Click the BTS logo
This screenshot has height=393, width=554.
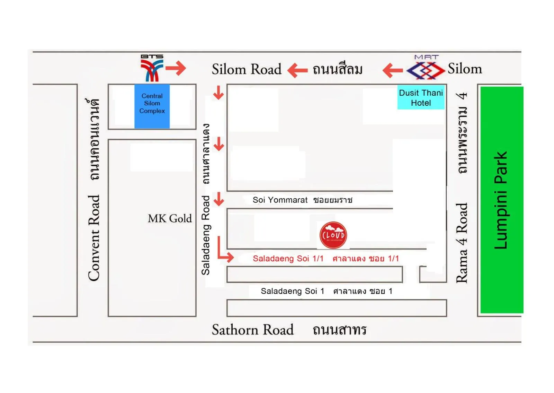pyautogui.click(x=151, y=69)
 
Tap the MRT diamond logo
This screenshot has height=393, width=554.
pyautogui.click(x=426, y=70)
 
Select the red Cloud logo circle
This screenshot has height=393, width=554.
pyautogui.click(x=333, y=235)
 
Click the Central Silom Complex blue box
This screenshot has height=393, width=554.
pyautogui.click(x=152, y=106)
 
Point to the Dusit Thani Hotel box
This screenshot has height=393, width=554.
pyautogui.click(x=421, y=97)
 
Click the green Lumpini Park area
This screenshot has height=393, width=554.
pyautogui.click(x=501, y=200)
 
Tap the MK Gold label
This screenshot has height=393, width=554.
pyautogui.click(x=170, y=219)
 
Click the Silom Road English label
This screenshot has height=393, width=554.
pyautogui.click(x=247, y=69)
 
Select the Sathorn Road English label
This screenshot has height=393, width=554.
pyautogui.click(x=252, y=330)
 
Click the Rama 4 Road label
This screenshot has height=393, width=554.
pyautogui.click(x=462, y=243)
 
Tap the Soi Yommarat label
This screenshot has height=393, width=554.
pyautogui.click(x=280, y=200)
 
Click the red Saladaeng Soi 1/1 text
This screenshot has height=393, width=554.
pyautogui.click(x=288, y=259)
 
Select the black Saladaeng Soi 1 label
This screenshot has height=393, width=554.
pyautogui.click(x=292, y=291)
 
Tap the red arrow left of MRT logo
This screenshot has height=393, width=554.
pyautogui.click(x=393, y=70)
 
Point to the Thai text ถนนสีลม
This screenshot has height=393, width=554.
pyautogui.click(x=338, y=69)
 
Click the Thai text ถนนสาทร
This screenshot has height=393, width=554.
pyautogui.click(x=339, y=330)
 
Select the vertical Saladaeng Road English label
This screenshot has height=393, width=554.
pyautogui.click(x=206, y=236)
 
